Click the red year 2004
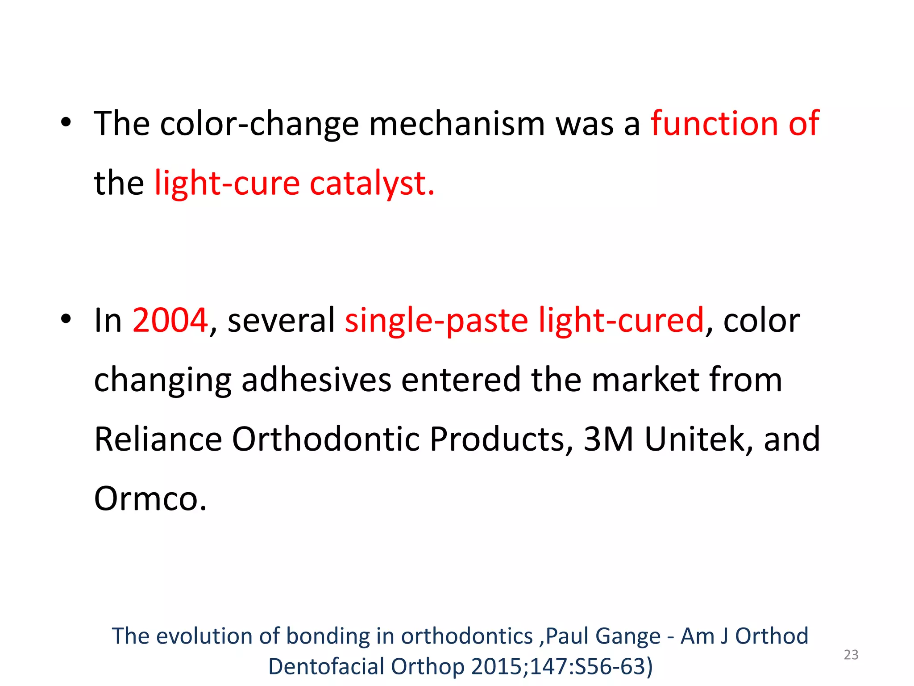170,320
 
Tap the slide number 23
851,655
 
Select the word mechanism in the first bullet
457,124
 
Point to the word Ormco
150,498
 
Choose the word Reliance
158,439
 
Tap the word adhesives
316,380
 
